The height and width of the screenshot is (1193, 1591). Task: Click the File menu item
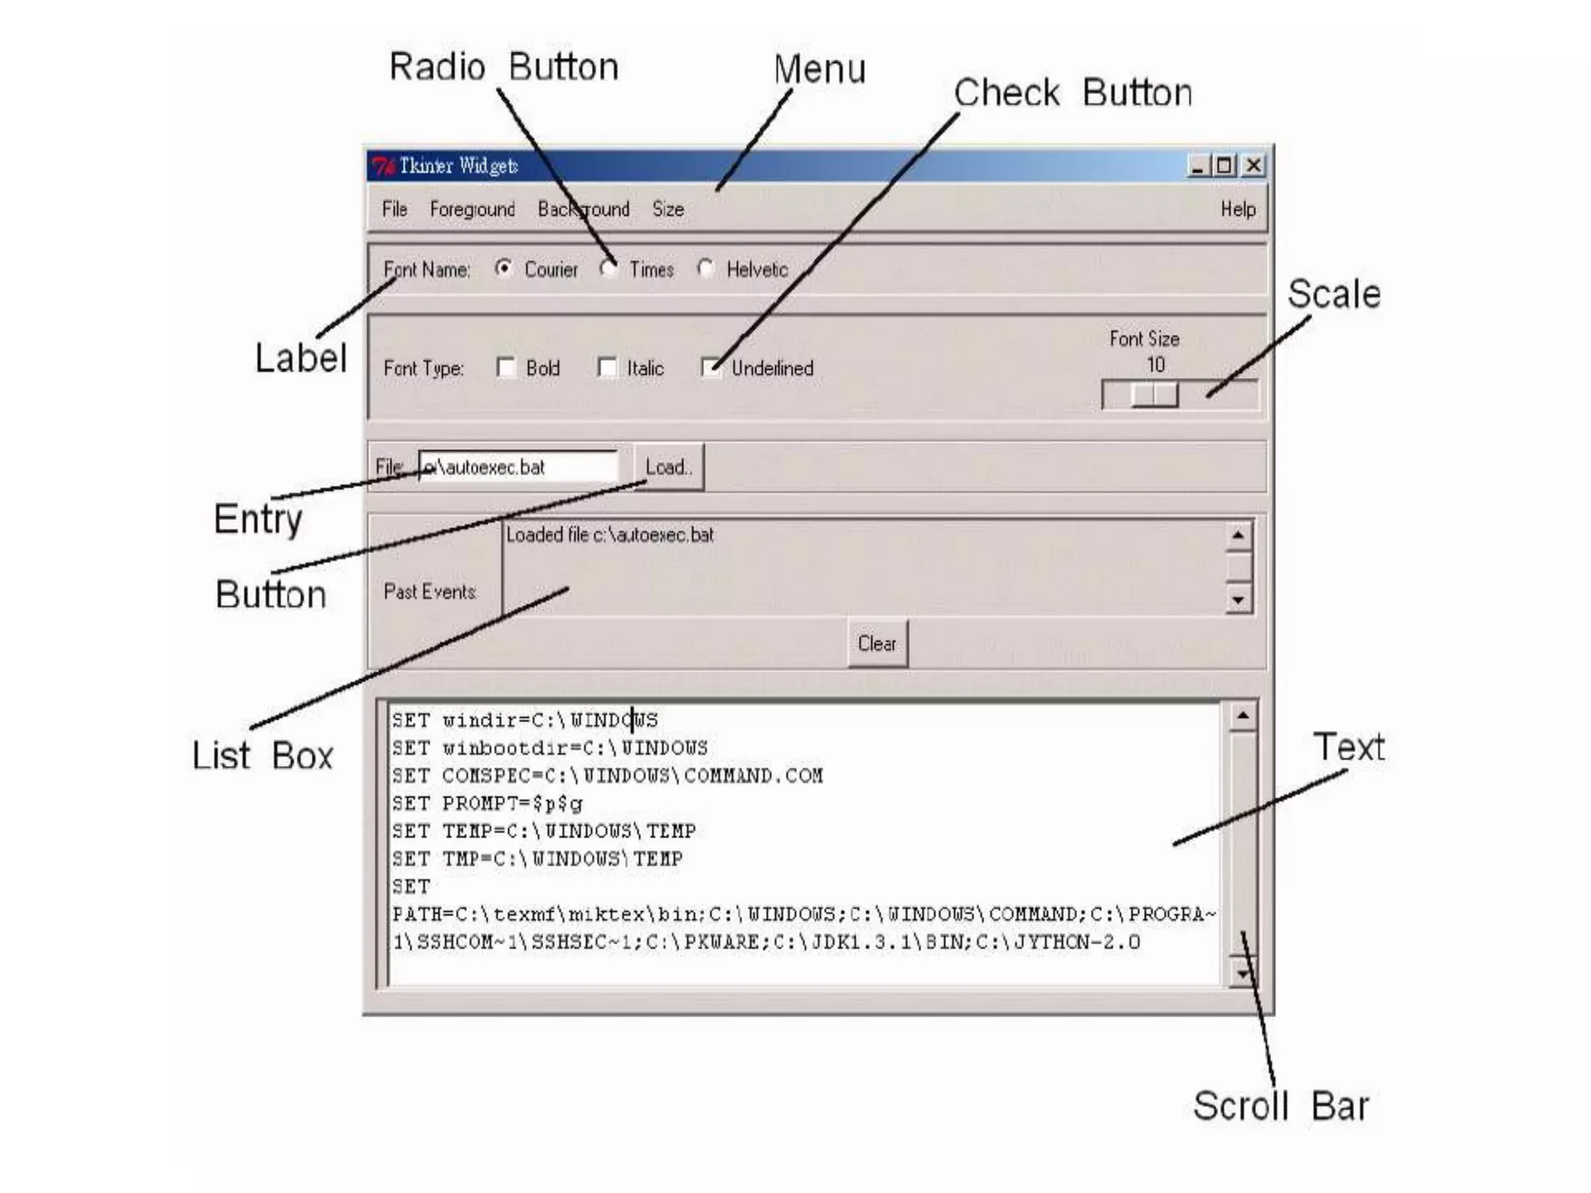coord(394,209)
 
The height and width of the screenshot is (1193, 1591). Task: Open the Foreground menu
coord(472,209)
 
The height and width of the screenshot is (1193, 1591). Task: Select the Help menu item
coord(1238,209)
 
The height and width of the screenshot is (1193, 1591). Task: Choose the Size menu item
coord(668,209)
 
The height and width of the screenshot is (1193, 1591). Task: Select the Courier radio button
coord(504,269)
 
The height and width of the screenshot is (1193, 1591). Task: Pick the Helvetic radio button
coord(705,269)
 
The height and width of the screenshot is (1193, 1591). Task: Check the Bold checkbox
coord(506,367)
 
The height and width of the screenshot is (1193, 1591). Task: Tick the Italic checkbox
coord(607,367)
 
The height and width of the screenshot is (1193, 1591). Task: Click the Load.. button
coord(669,467)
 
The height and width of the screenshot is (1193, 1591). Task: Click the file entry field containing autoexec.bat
coord(518,467)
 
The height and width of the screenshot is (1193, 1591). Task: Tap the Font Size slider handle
coord(1154,395)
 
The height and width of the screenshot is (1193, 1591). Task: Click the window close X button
coord(1253,165)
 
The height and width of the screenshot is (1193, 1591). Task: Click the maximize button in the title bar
coord(1225,165)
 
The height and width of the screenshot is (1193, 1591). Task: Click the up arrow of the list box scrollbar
coord(1238,535)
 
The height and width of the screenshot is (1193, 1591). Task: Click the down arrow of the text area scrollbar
coord(1243,974)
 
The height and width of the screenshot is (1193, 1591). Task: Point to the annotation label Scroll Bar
coord(1280,1105)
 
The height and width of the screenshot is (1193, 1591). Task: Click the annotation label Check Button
coord(1072,93)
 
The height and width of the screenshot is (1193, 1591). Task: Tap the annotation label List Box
coord(263,755)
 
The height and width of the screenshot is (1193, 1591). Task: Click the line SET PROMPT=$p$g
coord(487,803)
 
